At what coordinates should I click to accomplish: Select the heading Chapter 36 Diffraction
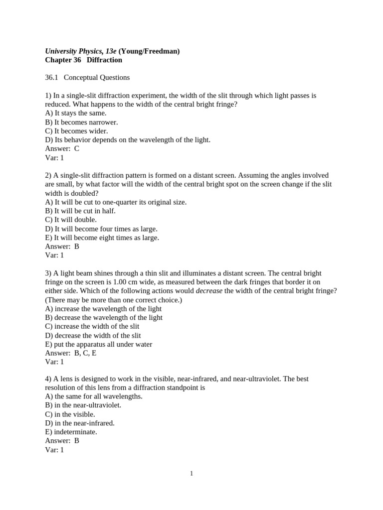[x=83, y=60]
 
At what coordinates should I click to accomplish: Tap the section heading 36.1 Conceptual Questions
[x=87, y=77]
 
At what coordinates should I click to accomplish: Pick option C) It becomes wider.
[x=76, y=131]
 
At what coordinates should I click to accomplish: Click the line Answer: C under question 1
[x=62, y=148]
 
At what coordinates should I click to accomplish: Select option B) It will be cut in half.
[x=80, y=211]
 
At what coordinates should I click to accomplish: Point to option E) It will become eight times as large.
[x=102, y=238]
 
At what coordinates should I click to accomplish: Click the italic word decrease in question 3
[x=209, y=291]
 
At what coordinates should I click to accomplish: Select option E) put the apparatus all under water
[x=98, y=344]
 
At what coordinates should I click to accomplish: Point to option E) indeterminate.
[x=71, y=432]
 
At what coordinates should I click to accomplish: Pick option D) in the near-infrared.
[x=80, y=423]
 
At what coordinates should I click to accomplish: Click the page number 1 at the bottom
[x=191, y=473]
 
